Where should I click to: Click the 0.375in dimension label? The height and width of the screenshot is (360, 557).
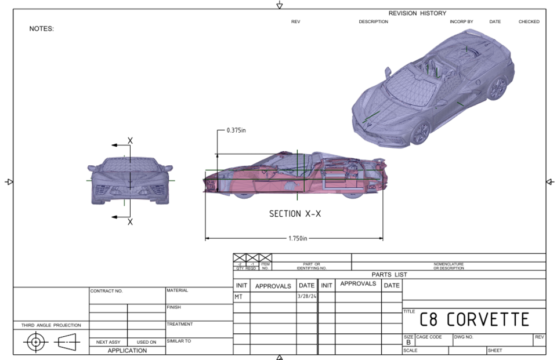[236, 130]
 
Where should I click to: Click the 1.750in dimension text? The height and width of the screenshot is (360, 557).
[297, 238]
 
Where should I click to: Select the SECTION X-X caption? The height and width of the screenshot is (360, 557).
[295, 214]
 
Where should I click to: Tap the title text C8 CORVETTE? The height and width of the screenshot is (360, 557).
[474, 319]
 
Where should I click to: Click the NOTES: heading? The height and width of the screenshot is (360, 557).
[41, 29]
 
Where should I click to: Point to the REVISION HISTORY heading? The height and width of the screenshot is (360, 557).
[417, 13]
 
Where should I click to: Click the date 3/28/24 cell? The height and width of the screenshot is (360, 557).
[306, 296]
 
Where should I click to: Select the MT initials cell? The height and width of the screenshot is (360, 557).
[238, 296]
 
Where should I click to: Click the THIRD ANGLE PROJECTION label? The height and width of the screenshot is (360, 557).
[51, 325]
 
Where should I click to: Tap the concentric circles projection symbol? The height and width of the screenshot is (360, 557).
[36, 342]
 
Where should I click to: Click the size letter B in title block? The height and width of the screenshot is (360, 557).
[408, 342]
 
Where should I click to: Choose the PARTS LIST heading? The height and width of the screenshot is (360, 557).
[389, 275]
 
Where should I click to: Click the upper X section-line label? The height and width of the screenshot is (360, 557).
[130, 141]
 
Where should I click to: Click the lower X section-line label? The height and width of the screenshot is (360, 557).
[130, 222]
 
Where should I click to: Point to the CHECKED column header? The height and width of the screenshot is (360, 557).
[529, 22]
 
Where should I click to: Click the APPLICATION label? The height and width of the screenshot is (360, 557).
[127, 350]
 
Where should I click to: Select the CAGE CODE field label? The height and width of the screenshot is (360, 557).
[429, 337]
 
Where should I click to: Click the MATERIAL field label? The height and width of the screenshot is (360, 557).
[177, 290]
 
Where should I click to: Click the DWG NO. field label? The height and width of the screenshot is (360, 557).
[464, 337]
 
